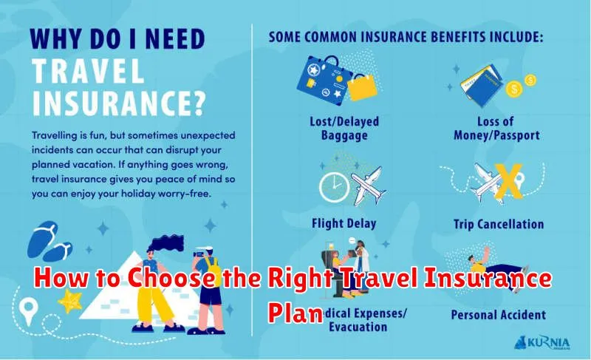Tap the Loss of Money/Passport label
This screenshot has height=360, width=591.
coord(496,129)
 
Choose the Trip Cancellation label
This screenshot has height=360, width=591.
coord(498,223)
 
